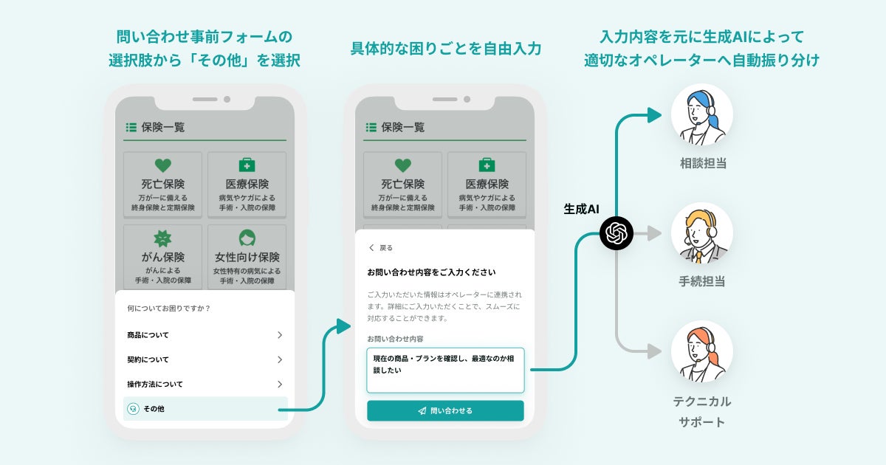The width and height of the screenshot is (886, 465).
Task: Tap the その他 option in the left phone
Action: [205, 408]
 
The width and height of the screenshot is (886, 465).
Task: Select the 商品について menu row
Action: [205, 335]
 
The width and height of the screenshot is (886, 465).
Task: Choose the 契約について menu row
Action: [205, 359]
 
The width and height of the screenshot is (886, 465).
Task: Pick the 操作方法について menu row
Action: [205, 384]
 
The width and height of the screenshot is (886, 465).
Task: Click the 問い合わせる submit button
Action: [445, 410]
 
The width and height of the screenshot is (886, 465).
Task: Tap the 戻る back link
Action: [381, 248]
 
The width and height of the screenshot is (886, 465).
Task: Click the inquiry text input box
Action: [445, 370]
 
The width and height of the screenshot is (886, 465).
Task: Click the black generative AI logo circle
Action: [617, 234]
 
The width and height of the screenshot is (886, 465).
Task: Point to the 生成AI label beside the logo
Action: [581, 210]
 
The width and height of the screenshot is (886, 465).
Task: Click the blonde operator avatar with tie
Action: [701, 233]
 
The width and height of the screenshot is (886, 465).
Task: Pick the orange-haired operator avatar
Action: [701, 351]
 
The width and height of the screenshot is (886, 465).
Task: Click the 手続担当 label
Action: [703, 281]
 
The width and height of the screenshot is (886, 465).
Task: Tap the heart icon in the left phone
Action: [162, 165]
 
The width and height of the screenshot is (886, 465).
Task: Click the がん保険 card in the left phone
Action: [162, 258]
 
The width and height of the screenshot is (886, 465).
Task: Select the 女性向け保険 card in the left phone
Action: [247, 258]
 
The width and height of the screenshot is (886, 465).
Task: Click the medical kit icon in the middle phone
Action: [487, 165]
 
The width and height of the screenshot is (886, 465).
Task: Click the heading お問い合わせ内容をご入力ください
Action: [431, 272]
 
